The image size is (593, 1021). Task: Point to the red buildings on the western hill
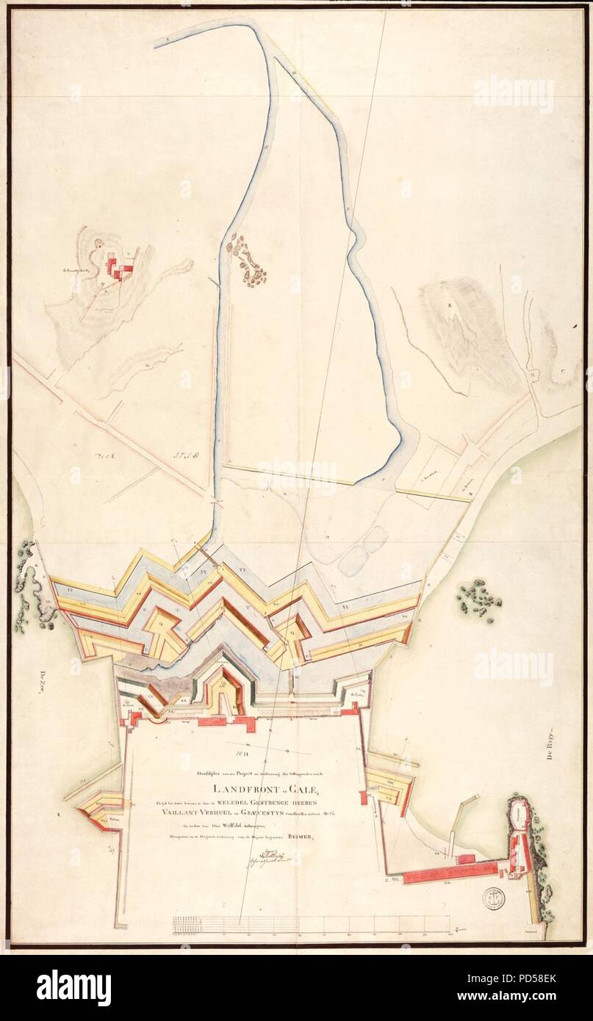pyautogui.click(x=119, y=267)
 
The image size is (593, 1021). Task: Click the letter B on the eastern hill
pyautogui.click(x=448, y=303)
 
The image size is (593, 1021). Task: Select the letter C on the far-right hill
pyautogui.click(x=562, y=370)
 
